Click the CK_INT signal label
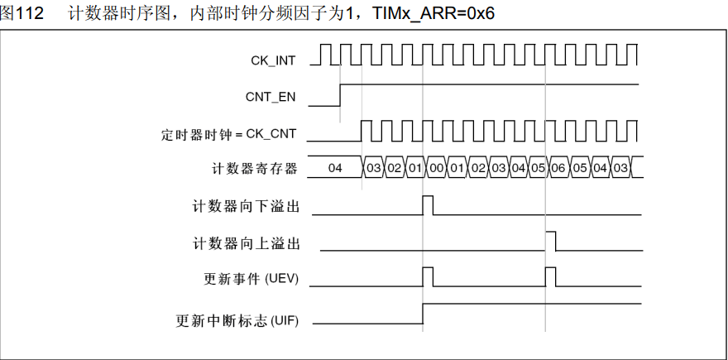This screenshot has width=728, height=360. pos(274,60)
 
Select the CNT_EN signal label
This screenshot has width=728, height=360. pos(271,97)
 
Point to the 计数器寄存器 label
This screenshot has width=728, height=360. pos(254,169)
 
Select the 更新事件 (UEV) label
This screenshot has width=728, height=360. pos(251,279)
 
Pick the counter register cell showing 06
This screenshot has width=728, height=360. pos(558,169)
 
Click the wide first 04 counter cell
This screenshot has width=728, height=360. pos(335,168)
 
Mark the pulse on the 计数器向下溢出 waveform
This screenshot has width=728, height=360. pos(428,204)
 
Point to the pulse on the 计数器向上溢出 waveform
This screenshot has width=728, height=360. pos(551,241)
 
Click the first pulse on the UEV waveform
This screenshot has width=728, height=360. pos(428,276)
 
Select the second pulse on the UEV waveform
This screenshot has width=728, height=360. pos(551,276)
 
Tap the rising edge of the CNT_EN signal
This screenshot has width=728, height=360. pos(340,95)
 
